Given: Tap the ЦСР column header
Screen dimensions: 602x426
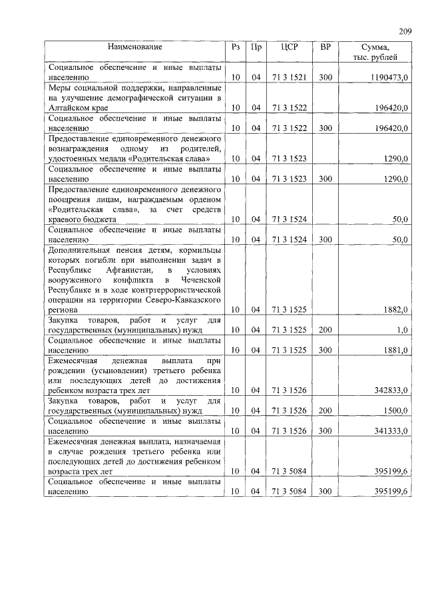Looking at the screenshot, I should click(x=289, y=47).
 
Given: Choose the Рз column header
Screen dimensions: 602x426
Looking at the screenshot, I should click(x=235, y=47).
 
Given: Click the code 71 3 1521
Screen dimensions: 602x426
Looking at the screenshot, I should click(x=289, y=78).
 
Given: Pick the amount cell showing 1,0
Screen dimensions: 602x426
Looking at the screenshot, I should click(x=402, y=330).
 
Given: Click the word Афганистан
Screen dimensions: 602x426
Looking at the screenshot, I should click(x=128, y=271).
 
